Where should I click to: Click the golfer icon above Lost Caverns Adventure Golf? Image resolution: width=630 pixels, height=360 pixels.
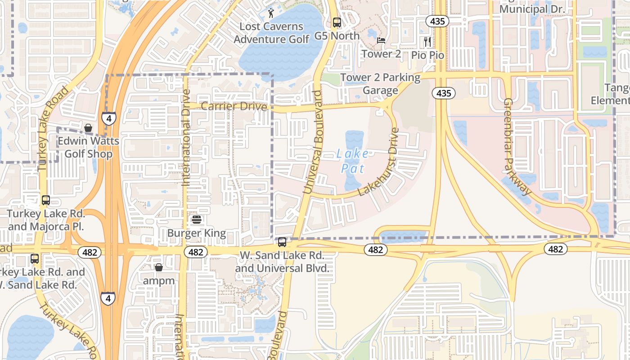pyautogui.click(x=270, y=12)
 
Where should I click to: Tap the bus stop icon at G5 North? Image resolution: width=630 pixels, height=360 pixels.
pyautogui.click(x=337, y=22)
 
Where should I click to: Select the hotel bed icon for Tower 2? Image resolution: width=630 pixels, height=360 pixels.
pyautogui.click(x=381, y=40)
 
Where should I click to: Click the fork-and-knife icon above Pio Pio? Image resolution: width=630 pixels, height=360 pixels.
pyautogui.click(x=427, y=42)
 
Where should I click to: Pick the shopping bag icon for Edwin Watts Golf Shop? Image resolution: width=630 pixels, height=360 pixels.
pyautogui.click(x=88, y=128)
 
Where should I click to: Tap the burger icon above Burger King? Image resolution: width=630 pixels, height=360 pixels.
pyautogui.click(x=196, y=220)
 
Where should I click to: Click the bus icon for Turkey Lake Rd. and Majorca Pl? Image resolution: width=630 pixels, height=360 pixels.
pyautogui.click(x=45, y=200)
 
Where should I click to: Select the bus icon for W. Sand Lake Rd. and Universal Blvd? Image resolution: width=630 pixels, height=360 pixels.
pyautogui.click(x=282, y=242)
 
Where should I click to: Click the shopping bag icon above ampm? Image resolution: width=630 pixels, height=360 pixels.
pyautogui.click(x=158, y=268)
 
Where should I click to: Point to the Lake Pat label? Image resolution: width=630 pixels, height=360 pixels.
pyautogui.click(x=352, y=161)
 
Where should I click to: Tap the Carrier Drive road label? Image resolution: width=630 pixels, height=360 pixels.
pyautogui.click(x=234, y=107)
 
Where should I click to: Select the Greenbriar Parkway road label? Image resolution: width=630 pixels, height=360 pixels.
pyautogui.click(x=517, y=147)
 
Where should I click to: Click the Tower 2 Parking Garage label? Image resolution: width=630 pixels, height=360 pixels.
pyautogui.click(x=381, y=84)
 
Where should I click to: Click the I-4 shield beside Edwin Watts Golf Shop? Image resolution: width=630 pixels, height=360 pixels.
pyautogui.click(x=108, y=119)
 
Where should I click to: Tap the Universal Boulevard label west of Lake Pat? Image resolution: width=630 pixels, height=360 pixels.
pyautogui.click(x=314, y=142)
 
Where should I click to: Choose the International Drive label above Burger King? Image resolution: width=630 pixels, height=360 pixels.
pyautogui.click(x=186, y=137)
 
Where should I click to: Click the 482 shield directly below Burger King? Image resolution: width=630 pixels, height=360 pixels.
pyautogui.click(x=196, y=252)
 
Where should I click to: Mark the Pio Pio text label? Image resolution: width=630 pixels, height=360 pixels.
pyautogui.click(x=427, y=55)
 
